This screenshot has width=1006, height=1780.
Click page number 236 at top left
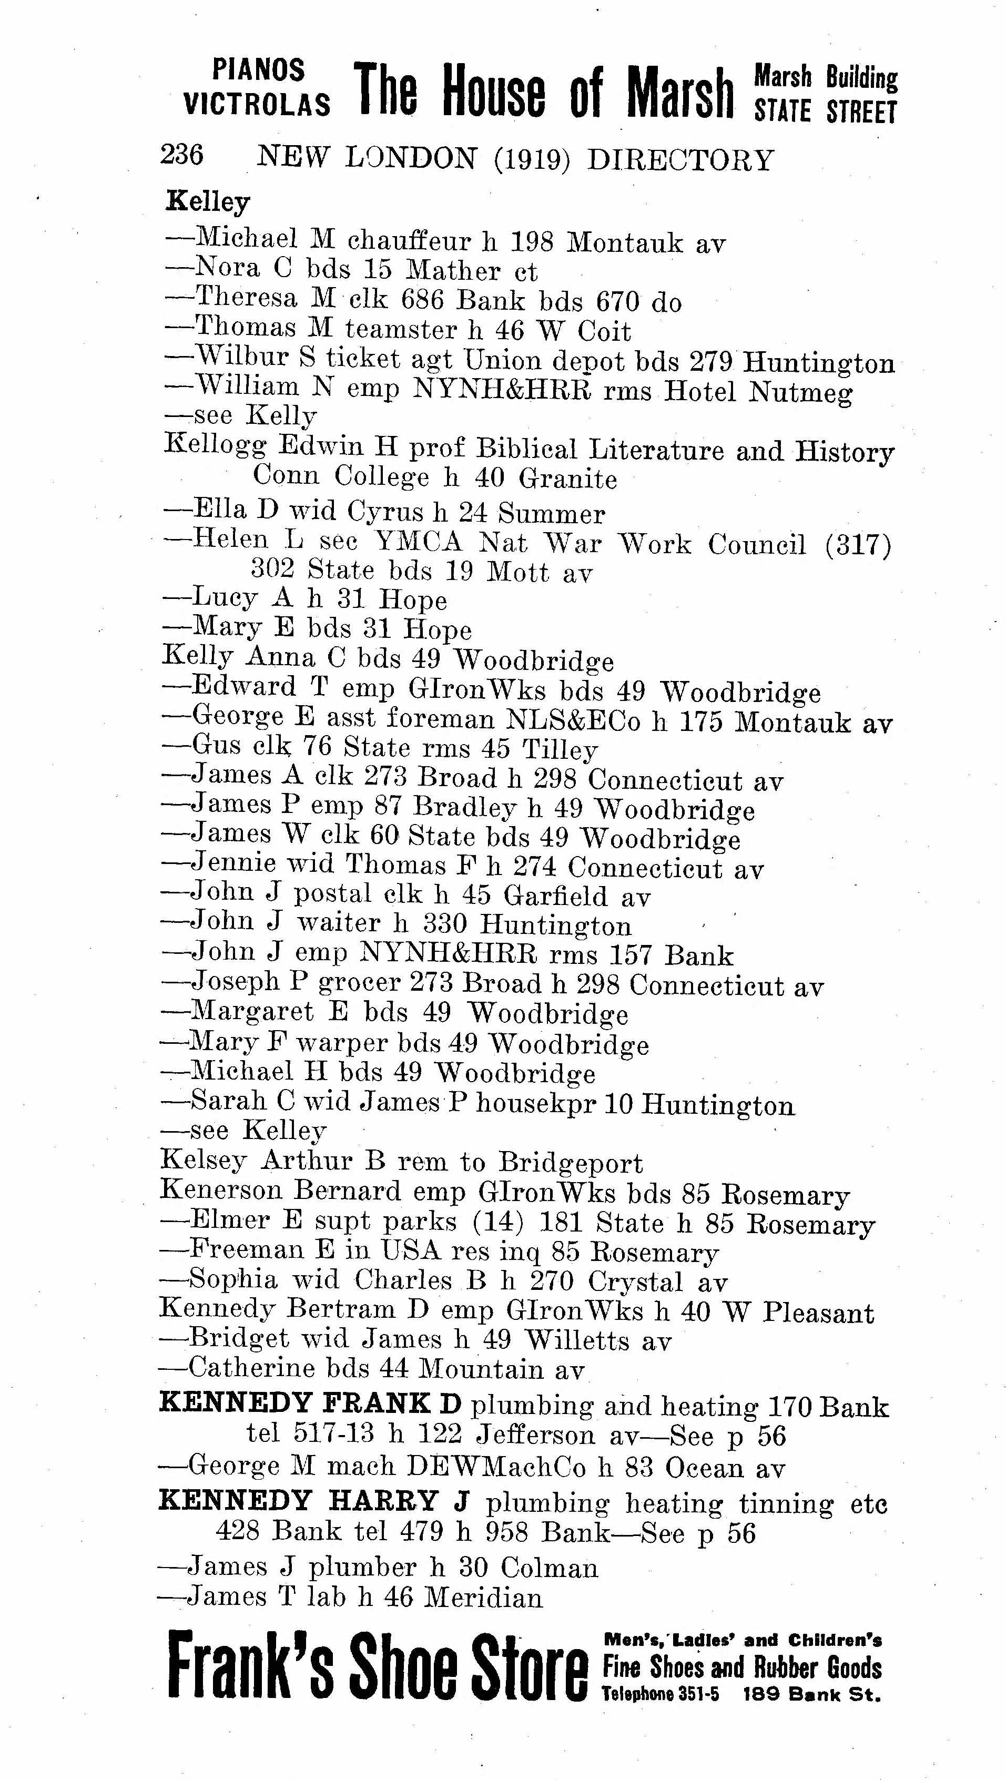click(182, 155)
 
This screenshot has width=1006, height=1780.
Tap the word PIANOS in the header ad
click(258, 70)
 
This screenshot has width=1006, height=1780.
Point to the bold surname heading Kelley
click(207, 202)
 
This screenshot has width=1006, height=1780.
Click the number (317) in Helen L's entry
click(858, 545)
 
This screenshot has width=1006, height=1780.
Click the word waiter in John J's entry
click(339, 924)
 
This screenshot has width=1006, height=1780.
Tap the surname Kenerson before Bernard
click(221, 1191)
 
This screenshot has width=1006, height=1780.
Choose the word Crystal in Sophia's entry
click(635, 1283)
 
